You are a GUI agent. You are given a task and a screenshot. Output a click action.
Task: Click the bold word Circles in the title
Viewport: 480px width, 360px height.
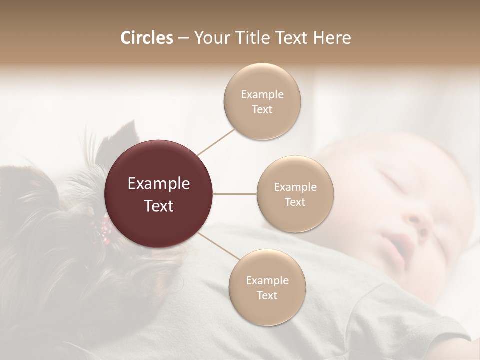[x=146, y=38]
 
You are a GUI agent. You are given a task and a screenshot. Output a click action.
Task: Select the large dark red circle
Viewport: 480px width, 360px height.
[x=159, y=194]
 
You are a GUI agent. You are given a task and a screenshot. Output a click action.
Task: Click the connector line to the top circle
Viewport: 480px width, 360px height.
[x=216, y=142]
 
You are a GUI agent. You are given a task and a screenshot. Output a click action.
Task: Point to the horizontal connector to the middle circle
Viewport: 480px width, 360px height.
[x=235, y=194]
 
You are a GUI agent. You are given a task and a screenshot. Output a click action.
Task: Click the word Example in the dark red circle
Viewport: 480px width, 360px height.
[x=159, y=184]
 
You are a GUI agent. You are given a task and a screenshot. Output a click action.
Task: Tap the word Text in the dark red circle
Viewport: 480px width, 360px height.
[x=159, y=205]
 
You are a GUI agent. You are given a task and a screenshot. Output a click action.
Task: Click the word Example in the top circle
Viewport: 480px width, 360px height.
[x=262, y=94]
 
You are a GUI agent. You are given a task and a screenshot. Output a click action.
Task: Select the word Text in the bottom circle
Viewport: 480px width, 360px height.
[x=267, y=295]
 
